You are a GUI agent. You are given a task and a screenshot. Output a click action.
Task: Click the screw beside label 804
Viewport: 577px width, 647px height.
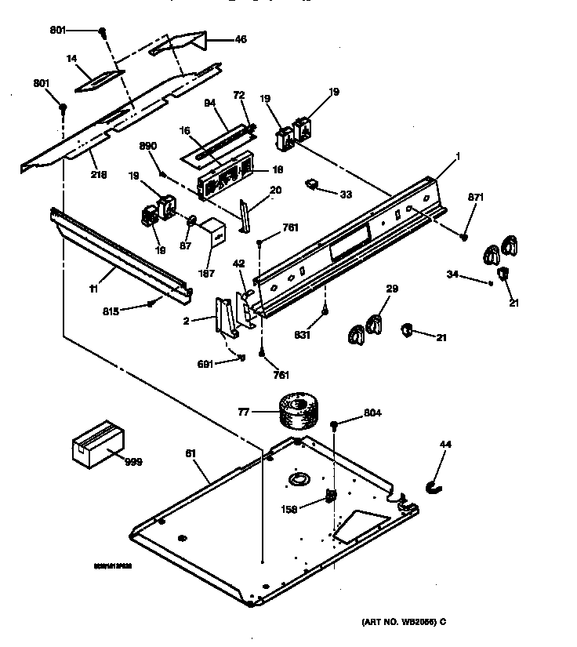click(335, 424)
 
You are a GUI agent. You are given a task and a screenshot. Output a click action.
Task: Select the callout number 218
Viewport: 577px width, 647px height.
click(100, 174)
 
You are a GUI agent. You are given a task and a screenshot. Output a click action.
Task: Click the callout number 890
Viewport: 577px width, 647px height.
click(148, 146)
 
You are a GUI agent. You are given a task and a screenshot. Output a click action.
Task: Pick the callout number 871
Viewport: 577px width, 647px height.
click(476, 196)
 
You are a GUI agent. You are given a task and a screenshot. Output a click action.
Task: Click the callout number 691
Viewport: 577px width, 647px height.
click(205, 364)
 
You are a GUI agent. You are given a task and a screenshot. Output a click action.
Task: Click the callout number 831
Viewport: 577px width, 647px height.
click(303, 336)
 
